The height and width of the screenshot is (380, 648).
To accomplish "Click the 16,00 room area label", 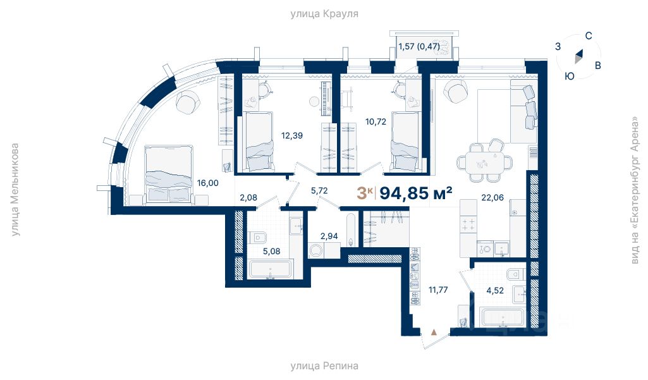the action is click(x=207, y=183).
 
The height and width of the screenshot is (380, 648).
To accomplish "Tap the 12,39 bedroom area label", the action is click(x=292, y=135).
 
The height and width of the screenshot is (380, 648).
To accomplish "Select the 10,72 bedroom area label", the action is click(x=376, y=121).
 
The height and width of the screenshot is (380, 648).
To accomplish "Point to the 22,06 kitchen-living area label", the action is click(x=492, y=197).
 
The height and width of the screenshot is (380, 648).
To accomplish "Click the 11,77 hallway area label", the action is click(x=438, y=290).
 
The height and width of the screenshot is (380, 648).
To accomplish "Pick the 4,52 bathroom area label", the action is click(x=494, y=290).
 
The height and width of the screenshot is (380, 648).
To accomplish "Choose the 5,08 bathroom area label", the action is click(x=271, y=251).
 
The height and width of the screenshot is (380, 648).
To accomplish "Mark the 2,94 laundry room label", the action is click(x=329, y=236).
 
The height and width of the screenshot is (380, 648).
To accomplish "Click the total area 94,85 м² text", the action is click(x=416, y=193).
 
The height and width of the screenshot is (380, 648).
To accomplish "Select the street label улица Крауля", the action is click(x=324, y=14).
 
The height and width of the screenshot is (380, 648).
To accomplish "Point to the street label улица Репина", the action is click(x=324, y=366).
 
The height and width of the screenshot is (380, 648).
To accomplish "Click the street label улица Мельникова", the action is click(x=15, y=190).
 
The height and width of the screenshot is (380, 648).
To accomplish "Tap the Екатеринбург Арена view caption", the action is click(x=635, y=190).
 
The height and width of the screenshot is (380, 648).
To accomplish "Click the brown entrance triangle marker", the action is click(x=434, y=331).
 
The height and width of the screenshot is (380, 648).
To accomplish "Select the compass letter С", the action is click(x=589, y=36).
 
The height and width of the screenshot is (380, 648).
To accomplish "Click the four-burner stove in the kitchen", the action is click(x=468, y=224).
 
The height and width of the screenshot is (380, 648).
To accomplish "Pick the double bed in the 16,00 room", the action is click(x=169, y=174).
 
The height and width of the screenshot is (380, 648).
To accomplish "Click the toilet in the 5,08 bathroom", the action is click(x=259, y=238).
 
